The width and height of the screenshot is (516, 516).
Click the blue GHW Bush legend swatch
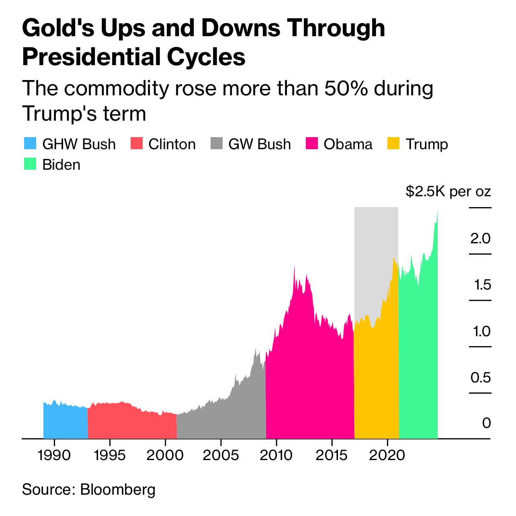tap(30, 144)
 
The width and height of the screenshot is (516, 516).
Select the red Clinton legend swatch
tap(137, 144)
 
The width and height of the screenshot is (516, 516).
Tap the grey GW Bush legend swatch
tap(217, 144)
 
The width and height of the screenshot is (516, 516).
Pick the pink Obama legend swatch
tap(312, 144)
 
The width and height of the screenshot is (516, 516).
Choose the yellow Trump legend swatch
tap(393, 144)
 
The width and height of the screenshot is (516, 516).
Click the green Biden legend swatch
tap(30, 164)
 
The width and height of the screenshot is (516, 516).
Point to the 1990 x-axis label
tap(54, 456)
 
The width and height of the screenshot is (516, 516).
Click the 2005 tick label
tap(221, 456)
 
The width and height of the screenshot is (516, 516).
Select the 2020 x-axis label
tap(387, 456)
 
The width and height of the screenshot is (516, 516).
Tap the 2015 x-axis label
tap(332, 456)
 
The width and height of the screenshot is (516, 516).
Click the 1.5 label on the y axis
tap(482, 285)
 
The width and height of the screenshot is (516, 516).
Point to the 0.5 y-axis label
tap(481, 378)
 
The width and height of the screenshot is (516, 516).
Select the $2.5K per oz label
tap(448, 191)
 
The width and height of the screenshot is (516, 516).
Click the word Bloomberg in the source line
tap(118, 489)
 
